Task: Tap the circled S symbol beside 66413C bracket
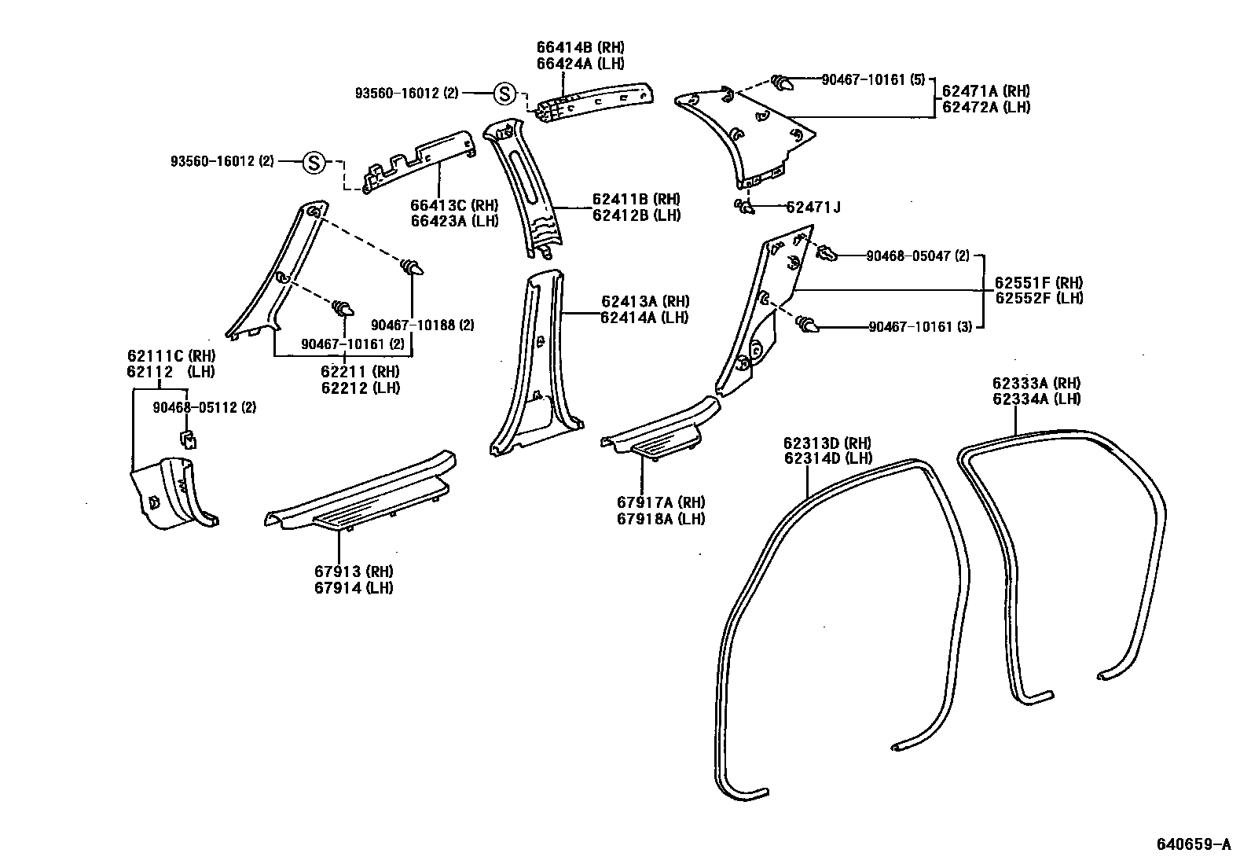(x=314, y=163)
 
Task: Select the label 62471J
(x=813, y=208)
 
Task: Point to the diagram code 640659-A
(x=1193, y=845)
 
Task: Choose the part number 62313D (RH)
(x=827, y=443)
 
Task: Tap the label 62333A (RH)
(x=1036, y=384)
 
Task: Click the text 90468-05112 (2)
(x=204, y=407)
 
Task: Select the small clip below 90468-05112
(x=188, y=439)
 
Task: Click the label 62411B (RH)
(x=636, y=200)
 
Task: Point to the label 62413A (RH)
(x=644, y=301)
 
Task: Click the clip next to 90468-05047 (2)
(x=825, y=252)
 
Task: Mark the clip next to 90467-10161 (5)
(x=782, y=81)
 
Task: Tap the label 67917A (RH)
(x=660, y=503)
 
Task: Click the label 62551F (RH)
(x=1038, y=283)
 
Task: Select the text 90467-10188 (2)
(x=422, y=325)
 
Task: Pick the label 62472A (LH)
(x=985, y=108)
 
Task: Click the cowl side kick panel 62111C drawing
(x=171, y=492)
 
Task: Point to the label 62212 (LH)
(x=360, y=388)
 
